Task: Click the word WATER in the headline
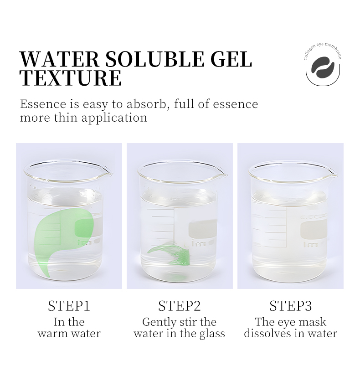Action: click(59, 59)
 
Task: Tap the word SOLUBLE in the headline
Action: click(155, 59)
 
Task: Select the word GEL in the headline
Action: click(231, 59)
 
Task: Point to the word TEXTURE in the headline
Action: click(71, 78)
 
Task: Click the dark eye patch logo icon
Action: click(323, 67)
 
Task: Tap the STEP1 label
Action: click(69, 306)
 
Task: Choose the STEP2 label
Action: click(180, 306)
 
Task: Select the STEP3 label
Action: click(291, 306)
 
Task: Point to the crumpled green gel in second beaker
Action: click(170, 255)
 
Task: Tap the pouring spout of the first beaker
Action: click(108, 173)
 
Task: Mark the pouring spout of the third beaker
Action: click(332, 173)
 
